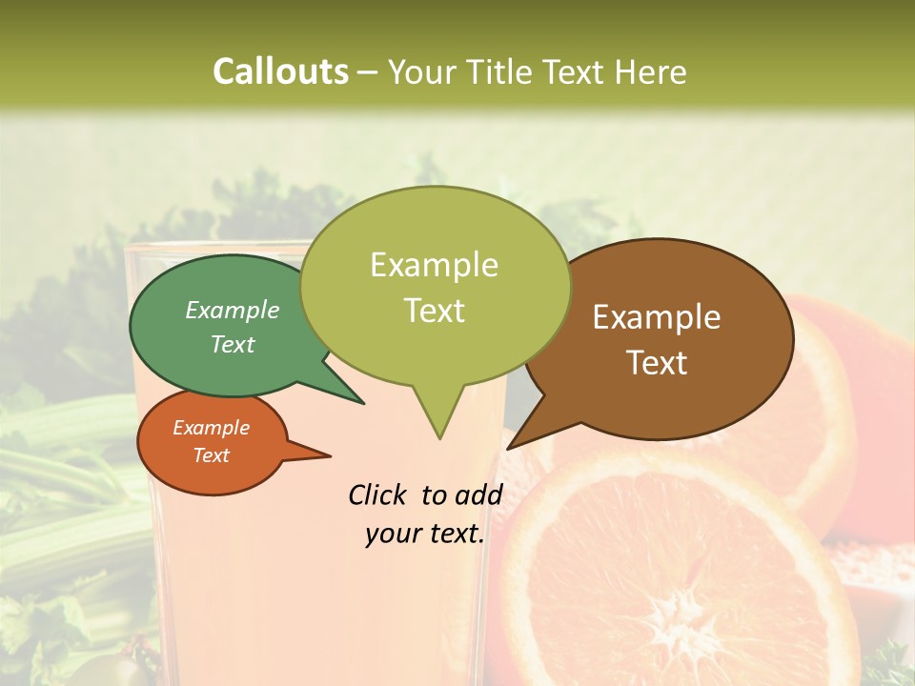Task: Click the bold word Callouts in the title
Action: tap(280, 71)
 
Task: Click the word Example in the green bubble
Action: tap(233, 311)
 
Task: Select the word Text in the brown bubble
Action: tap(658, 363)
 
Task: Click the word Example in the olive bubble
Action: tap(435, 265)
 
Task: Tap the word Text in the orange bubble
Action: tap(212, 455)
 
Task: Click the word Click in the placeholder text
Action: tap(378, 494)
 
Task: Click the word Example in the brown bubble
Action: tap(658, 317)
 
